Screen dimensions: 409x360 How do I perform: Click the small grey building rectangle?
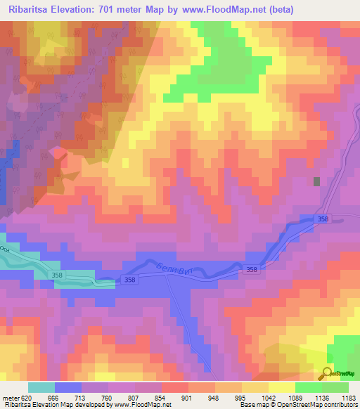point(316,181)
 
